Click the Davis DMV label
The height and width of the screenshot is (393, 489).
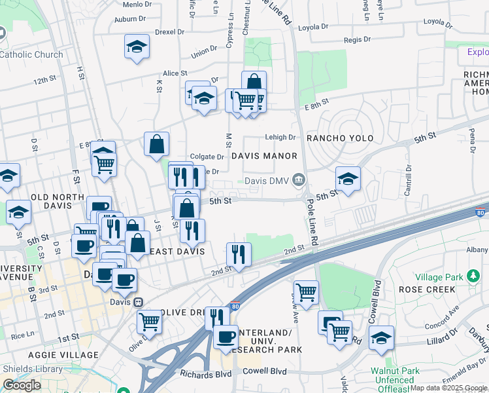pyautogui.click(x=267, y=181)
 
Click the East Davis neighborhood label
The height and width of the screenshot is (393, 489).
pyautogui.click(x=177, y=252)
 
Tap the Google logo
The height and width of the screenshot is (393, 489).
pyautogui.click(x=22, y=385)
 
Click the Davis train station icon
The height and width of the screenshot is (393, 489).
pyautogui.click(x=138, y=303)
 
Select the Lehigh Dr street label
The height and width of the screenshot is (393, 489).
pyautogui.click(x=280, y=138)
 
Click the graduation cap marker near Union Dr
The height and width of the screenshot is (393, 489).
pyautogui.click(x=137, y=47)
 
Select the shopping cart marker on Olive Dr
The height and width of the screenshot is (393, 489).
pyautogui.click(x=150, y=322)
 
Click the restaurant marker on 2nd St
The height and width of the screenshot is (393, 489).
pyautogui.click(x=239, y=254)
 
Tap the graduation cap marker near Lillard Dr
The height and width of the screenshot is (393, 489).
pyautogui.click(x=381, y=338)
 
